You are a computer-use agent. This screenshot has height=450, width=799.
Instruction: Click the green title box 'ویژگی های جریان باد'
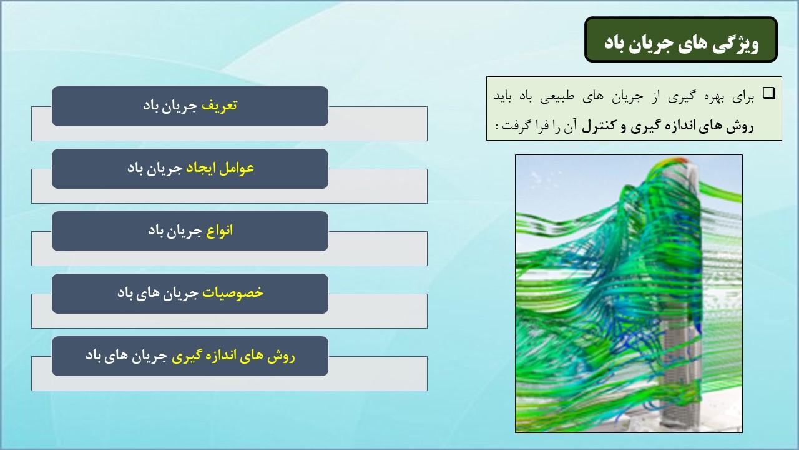click(x=680, y=39)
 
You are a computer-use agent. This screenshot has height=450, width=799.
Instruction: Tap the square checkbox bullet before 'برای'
click(x=769, y=93)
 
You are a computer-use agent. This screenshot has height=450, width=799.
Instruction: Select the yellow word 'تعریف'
click(x=219, y=106)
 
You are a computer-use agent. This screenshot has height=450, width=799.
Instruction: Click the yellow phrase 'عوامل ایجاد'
click(x=220, y=168)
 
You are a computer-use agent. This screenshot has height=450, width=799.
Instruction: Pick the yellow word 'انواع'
click(x=219, y=231)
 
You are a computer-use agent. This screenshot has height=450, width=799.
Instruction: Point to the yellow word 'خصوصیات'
click(x=233, y=293)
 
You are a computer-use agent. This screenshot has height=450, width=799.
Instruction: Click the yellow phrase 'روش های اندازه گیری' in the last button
click(x=233, y=356)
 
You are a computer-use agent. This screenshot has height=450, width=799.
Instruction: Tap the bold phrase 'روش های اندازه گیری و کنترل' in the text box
click(x=668, y=126)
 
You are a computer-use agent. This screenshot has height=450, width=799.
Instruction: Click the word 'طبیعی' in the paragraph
click(x=557, y=96)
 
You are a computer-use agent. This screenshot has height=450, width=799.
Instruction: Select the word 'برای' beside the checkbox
click(x=743, y=97)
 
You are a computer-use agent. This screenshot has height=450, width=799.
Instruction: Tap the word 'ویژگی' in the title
click(x=737, y=44)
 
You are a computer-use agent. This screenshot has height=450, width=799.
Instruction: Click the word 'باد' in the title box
click(x=615, y=44)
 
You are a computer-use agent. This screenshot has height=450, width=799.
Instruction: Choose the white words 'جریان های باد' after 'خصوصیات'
click(x=158, y=293)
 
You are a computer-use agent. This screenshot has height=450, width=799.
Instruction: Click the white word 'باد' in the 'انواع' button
click(x=156, y=231)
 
